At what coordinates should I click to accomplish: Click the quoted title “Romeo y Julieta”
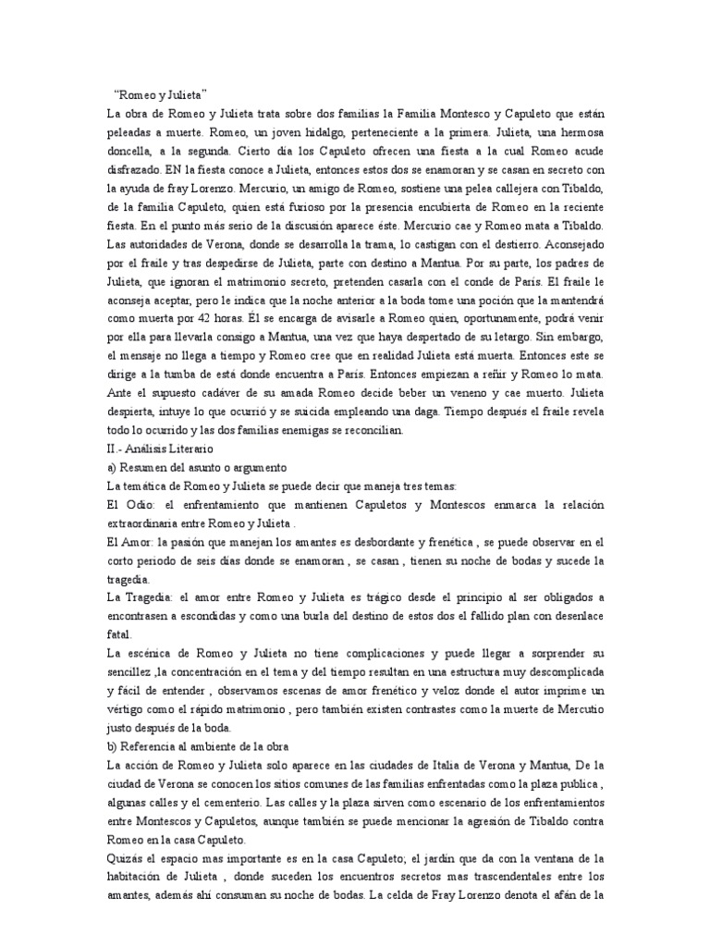pyautogui.click(x=160, y=94)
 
